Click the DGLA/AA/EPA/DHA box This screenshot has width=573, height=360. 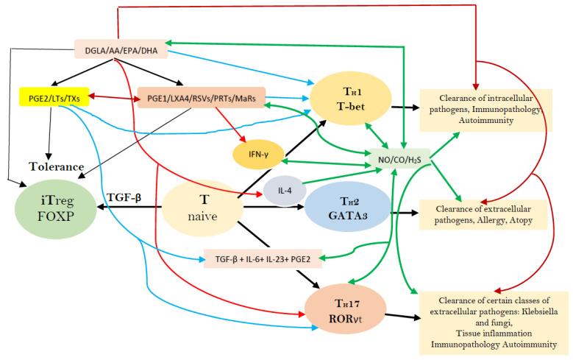click(x=121, y=52)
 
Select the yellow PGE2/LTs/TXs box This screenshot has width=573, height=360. click(x=54, y=97)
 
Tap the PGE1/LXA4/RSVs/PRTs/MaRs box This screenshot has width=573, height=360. click(x=201, y=98)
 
